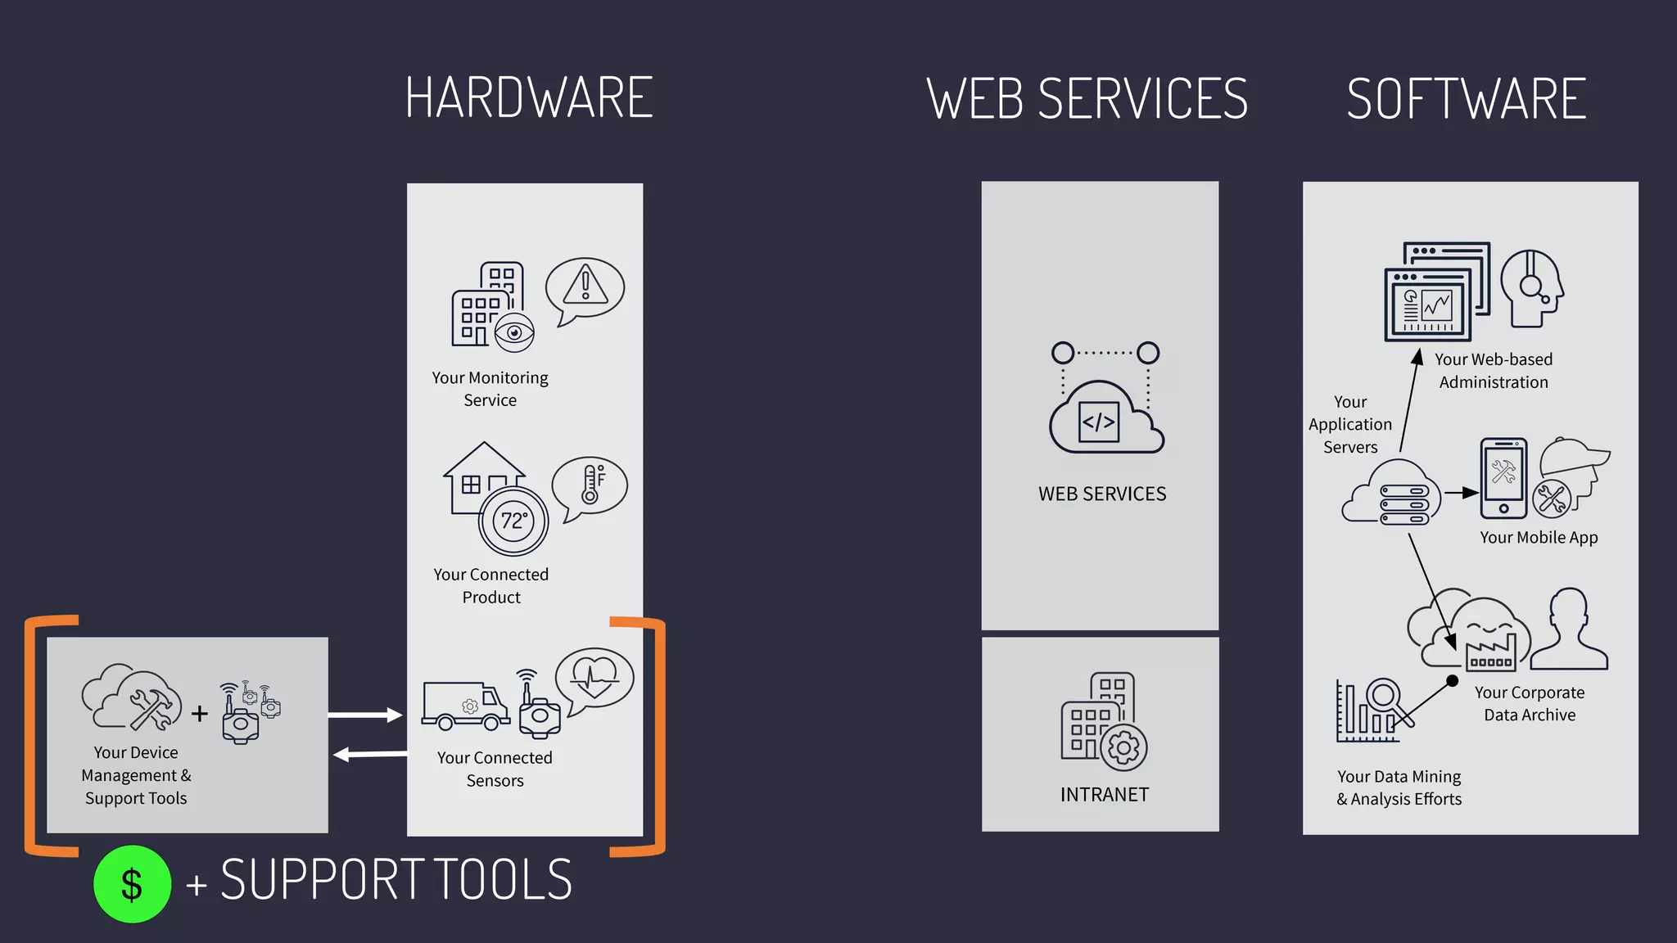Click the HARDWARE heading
pos(529,98)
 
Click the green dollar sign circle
pos(132,884)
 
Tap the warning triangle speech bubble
pos(585,289)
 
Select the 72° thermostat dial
pos(513,521)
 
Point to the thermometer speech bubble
pos(590,486)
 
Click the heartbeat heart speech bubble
pos(594,679)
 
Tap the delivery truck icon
pos(465,706)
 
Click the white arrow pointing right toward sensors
pos(365,715)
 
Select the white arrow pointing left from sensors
pos(370,754)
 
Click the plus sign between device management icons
pos(200,714)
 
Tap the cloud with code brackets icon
pos(1105,418)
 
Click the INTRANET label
pos(1104,795)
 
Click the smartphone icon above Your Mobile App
pos(1503,478)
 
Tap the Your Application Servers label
pos(1350,425)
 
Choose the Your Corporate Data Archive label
pos(1530,704)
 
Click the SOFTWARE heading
pos(1466,99)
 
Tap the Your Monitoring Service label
pos(490,389)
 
